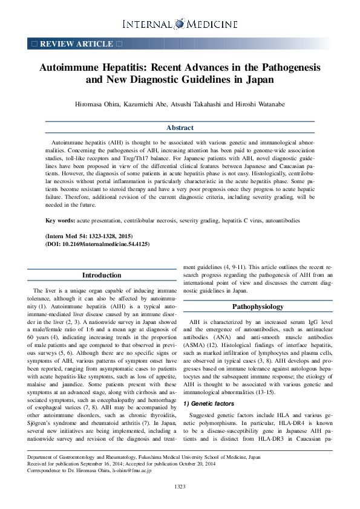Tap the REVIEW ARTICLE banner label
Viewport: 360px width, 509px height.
[76, 44]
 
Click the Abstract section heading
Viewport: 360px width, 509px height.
[180, 128]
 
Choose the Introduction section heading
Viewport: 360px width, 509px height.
[102, 276]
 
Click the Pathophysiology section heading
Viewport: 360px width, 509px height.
[258, 307]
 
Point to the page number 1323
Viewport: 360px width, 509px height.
[180, 487]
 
